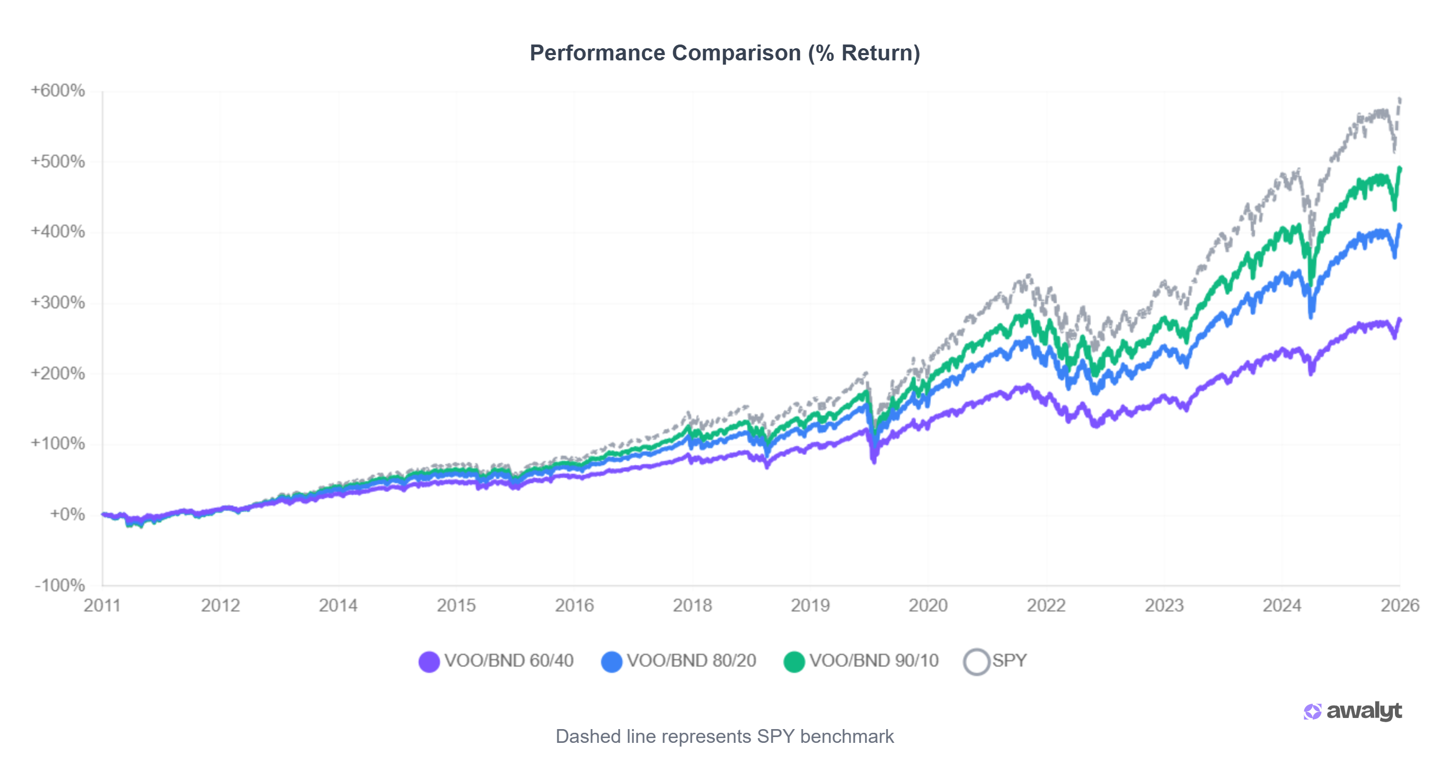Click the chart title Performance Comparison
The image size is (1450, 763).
click(724, 53)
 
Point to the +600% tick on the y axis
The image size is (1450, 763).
click(58, 91)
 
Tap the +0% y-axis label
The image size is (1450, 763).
click(67, 514)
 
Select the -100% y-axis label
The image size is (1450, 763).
click(60, 585)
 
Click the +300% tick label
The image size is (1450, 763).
click(58, 303)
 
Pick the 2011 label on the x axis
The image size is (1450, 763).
click(102, 606)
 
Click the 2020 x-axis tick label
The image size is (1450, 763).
click(927, 606)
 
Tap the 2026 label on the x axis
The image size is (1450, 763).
click(1399, 606)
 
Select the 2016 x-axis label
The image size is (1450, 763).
click(573, 606)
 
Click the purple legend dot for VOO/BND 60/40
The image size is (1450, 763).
click(429, 662)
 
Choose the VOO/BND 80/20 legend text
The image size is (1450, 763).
click(691, 661)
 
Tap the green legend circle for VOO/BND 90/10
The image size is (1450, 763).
click(794, 662)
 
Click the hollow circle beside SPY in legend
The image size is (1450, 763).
click(976, 662)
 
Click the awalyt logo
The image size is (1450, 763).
click(1352, 711)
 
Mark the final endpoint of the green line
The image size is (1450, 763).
click(1399, 169)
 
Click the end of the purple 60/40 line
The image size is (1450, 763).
click(1399, 320)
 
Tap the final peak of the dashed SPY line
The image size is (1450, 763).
click(1399, 99)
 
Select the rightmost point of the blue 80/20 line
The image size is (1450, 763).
click(1399, 226)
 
